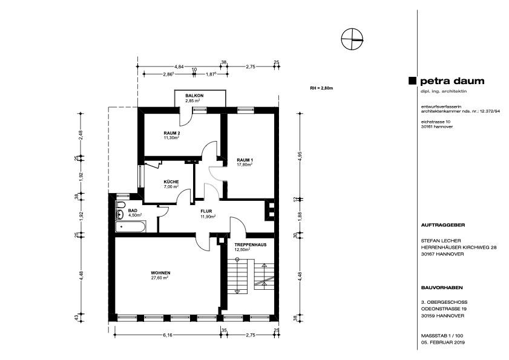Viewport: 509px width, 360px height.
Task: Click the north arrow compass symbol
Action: click(352, 39)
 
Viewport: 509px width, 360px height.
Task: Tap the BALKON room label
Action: click(194, 96)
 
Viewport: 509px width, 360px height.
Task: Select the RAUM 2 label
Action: click(172, 133)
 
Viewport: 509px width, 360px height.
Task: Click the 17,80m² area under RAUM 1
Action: click(245, 164)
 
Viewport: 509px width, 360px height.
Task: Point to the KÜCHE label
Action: click(171, 182)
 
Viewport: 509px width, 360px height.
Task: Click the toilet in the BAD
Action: click(120, 205)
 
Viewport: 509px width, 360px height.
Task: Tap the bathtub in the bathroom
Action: click(131, 226)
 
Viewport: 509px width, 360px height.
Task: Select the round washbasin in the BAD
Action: click(119, 214)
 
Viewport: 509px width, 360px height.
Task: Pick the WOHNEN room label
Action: click(160, 273)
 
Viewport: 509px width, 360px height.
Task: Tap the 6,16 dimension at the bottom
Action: click(168, 335)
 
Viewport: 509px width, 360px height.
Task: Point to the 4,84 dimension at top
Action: click(179, 67)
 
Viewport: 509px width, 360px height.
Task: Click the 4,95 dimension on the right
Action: click(300, 156)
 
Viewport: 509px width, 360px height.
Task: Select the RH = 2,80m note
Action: click(322, 88)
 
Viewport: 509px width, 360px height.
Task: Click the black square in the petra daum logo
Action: click(412, 81)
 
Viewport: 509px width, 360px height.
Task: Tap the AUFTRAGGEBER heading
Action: click(443, 224)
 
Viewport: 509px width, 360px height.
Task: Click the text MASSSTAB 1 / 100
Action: click(442, 336)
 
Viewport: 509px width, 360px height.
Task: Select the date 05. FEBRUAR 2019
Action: click(443, 342)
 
